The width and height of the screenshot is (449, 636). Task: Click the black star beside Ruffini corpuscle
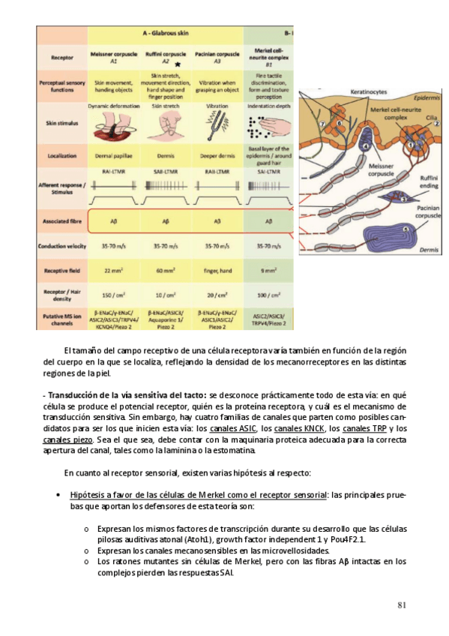177,65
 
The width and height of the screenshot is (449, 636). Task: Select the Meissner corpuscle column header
113,57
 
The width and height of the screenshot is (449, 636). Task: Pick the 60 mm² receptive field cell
166,267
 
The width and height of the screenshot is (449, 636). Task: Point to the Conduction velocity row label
61,245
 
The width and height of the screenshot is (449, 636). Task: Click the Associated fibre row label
61,221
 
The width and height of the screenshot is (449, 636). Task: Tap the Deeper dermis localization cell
217,159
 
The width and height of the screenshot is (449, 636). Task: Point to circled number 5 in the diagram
406,229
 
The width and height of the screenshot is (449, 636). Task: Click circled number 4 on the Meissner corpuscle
365,146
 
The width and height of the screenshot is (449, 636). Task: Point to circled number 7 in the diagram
322,123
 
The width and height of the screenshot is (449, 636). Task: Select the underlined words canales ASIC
235,427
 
